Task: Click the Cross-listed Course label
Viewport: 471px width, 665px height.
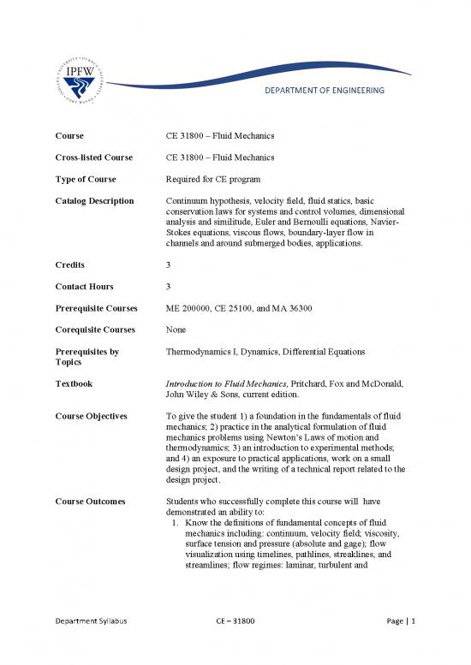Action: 94,157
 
